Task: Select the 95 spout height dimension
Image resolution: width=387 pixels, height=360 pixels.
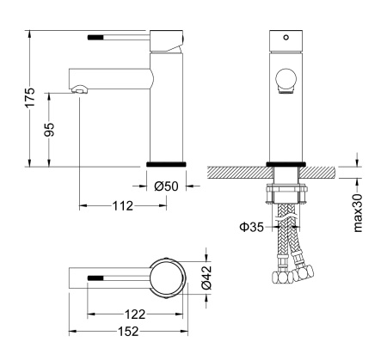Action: click(x=50, y=129)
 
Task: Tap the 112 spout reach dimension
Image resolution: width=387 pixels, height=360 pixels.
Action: click(x=121, y=206)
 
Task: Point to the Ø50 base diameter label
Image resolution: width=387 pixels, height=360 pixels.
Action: click(x=166, y=186)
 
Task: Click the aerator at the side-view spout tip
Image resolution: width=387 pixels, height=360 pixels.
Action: click(x=78, y=88)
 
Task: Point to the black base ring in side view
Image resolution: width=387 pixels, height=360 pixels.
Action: click(x=166, y=163)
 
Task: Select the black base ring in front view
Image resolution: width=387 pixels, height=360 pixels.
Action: click(x=286, y=163)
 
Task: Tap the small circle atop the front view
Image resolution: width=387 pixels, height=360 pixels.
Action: click(x=286, y=39)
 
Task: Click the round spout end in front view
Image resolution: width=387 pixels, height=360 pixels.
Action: click(x=286, y=82)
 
